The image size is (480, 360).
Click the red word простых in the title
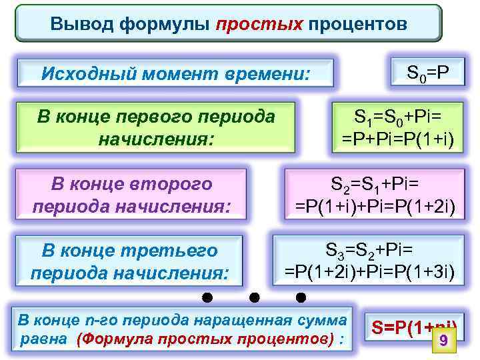click(259, 25)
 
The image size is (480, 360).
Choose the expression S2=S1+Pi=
click(374, 182)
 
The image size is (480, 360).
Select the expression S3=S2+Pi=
click(370, 250)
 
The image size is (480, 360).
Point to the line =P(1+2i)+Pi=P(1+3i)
click(370, 272)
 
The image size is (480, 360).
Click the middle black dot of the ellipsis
click(254, 296)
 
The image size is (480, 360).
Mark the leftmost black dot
click(207, 296)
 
